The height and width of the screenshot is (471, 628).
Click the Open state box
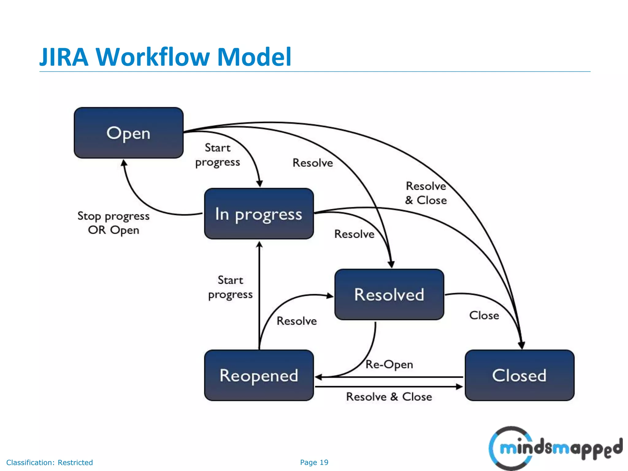[128, 133]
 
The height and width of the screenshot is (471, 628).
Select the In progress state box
[259, 214]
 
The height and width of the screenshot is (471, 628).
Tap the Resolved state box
[389, 294]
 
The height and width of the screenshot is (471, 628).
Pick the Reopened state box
[259, 375]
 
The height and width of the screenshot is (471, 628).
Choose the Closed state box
[519, 375]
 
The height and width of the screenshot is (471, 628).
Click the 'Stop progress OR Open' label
[113, 223]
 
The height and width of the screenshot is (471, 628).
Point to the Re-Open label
[389, 364]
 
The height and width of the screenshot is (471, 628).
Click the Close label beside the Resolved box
[484, 315]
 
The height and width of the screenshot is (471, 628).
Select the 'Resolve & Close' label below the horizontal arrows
[389, 397]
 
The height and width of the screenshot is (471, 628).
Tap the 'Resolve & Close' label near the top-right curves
[426, 193]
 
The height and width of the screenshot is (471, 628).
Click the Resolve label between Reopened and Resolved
[297, 321]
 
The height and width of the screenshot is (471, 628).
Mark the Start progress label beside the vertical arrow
[230, 287]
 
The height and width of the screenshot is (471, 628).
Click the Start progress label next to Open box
[217, 155]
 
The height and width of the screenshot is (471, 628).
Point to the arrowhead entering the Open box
[124, 163]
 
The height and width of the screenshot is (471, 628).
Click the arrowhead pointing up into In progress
[259, 244]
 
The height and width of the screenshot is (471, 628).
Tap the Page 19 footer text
[314, 462]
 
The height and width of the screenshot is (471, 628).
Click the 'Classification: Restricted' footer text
[49, 462]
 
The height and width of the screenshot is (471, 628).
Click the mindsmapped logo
[555, 448]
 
